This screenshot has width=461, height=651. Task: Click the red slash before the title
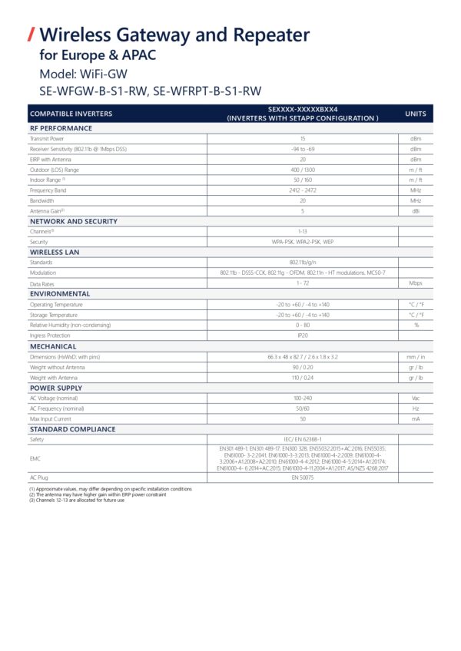tap(32, 35)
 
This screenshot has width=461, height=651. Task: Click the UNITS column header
tap(415, 114)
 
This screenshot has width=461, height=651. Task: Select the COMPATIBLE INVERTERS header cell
tap(71, 114)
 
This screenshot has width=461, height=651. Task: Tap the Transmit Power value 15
tap(303, 139)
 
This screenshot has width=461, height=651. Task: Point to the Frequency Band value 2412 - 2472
tap(303, 190)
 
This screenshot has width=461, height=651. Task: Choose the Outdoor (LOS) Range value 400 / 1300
tap(303, 169)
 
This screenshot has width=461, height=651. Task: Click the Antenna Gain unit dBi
tap(415, 210)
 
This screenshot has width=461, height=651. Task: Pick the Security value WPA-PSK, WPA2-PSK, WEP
tap(303, 241)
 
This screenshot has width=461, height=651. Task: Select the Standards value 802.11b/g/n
tap(303, 262)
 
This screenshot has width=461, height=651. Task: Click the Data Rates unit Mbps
tap(415, 283)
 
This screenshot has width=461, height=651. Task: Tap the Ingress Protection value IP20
tap(303, 335)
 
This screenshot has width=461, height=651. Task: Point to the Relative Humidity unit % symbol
tap(416, 325)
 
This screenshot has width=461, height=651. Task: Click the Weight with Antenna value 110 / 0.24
tap(303, 378)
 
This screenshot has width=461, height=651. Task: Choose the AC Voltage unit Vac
tap(415, 398)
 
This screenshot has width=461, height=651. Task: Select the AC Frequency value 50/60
tap(303, 408)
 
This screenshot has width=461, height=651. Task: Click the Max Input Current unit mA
tap(415, 419)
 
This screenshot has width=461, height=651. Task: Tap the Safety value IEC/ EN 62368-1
tap(303, 440)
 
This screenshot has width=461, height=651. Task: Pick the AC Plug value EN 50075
tap(303, 478)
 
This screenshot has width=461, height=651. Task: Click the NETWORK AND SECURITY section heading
tap(74, 221)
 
